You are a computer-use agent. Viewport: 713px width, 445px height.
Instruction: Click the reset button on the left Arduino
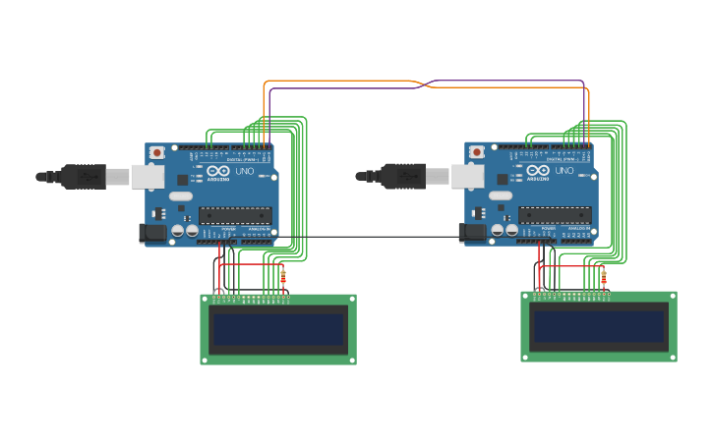point(156,153)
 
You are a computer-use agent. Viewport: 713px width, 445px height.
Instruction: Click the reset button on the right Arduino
point(477,152)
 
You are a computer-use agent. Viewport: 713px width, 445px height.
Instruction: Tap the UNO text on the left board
point(245,171)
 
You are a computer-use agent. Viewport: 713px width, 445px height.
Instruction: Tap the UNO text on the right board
point(564,171)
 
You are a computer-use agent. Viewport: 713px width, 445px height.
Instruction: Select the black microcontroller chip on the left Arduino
point(235,214)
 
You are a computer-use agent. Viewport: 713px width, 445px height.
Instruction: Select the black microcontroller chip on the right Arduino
point(555,214)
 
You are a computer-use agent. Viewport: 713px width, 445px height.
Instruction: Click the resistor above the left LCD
point(283,278)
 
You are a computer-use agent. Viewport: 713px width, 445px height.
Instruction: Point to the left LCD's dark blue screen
point(278,329)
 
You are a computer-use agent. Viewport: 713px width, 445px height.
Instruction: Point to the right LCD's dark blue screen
point(598,326)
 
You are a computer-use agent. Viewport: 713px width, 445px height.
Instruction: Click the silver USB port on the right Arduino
point(468,177)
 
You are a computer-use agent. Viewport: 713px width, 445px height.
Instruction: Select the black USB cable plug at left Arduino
point(84,177)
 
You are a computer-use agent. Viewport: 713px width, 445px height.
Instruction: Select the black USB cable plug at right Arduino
point(404,177)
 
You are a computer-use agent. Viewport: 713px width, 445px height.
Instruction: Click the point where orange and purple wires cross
point(427,84)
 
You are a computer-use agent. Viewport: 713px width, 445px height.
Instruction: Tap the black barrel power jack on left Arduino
point(152,233)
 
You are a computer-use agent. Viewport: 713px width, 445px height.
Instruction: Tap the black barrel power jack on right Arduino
point(473,233)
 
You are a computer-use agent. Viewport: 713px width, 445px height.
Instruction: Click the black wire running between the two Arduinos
point(374,237)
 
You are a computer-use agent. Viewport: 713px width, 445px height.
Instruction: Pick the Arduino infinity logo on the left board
point(218,170)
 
